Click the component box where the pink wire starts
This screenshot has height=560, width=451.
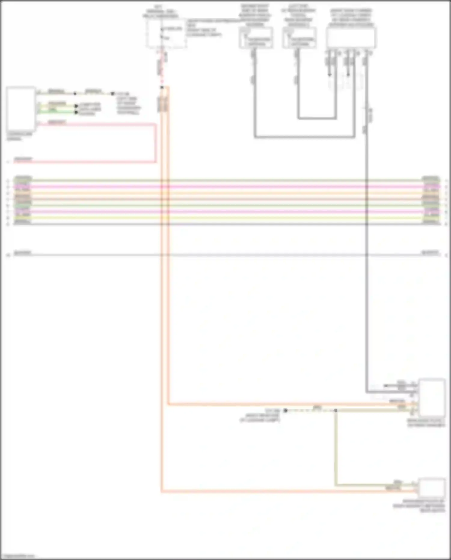pos(20,109)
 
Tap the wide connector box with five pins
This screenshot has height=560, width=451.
pos(351,38)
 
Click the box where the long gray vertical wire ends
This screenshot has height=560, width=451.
pos(432,398)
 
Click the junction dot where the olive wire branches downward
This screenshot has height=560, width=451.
pos(336,410)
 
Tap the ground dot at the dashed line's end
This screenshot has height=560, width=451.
pos(285,410)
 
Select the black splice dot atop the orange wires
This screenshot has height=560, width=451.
pos(162,87)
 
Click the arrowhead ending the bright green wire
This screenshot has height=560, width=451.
pos(76,112)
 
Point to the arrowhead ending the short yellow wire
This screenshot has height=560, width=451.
pos(76,106)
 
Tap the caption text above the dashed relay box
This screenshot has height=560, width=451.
pos(161,11)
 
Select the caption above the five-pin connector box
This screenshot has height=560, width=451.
pos(351,17)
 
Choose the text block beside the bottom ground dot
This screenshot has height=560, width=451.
pos(260,415)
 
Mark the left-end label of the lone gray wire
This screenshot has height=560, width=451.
pos(23,252)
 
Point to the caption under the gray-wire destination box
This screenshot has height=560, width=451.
pos(426,423)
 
